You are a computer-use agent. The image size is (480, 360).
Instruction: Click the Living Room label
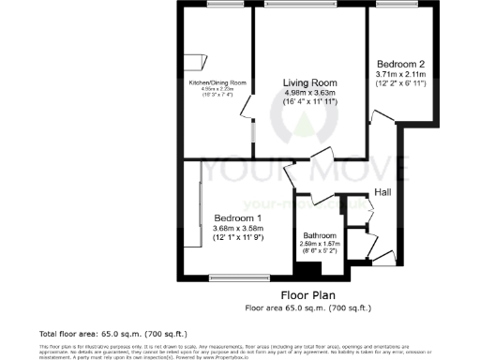click(x=310, y=82)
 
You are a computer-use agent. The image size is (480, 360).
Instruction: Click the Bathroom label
click(x=320, y=235)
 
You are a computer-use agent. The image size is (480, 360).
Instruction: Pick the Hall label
click(x=382, y=192)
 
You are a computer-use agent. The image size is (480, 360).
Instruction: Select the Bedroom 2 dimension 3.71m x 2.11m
click(x=400, y=74)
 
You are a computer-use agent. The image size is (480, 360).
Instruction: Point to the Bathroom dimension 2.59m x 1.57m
click(x=320, y=244)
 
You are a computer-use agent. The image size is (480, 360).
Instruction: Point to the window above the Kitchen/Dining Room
click(x=219, y=6)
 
